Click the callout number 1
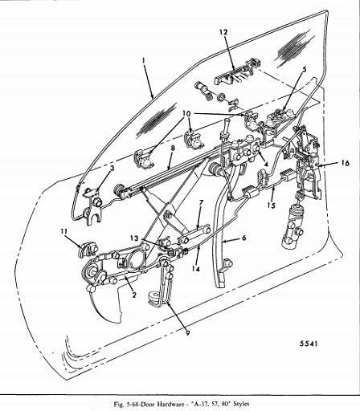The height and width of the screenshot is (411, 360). (x=144, y=60)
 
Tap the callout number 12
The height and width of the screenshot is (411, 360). (x=223, y=32)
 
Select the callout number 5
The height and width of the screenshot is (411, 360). (x=304, y=69)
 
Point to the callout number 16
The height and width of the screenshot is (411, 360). (x=346, y=163)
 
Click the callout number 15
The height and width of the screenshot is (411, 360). (x=272, y=205)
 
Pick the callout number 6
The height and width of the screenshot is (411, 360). (x=243, y=238)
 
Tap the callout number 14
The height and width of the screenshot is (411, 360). (x=196, y=269)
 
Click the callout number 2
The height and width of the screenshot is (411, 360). (x=134, y=295)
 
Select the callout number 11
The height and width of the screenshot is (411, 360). (x=63, y=231)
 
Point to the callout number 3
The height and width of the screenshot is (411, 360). (x=112, y=169)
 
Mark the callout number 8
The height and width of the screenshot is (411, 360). (x=173, y=149)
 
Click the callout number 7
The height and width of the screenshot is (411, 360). (x=201, y=202)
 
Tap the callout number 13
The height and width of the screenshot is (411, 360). (x=135, y=238)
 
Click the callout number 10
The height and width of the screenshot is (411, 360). (x=186, y=114)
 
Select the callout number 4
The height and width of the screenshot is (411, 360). (x=266, y=165)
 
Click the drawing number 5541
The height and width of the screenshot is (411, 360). (x=309, y=344)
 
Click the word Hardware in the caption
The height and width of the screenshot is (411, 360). (x=170, y=404)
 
